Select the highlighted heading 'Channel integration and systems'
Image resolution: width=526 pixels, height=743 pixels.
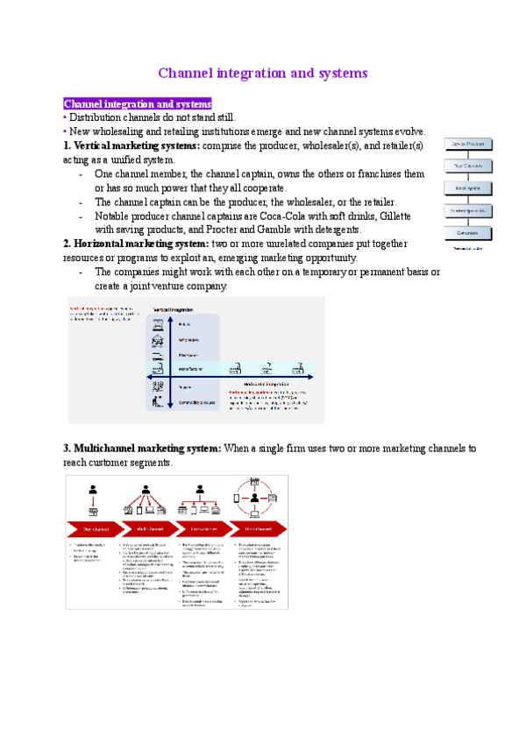tap(138, 104)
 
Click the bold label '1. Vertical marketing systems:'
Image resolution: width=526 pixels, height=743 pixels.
tap(131, 145)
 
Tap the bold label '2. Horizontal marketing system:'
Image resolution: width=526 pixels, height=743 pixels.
tap(136, 244)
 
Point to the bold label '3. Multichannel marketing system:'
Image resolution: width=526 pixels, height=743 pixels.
tap(143, 449)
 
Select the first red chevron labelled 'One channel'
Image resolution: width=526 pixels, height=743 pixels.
tap(95, 529)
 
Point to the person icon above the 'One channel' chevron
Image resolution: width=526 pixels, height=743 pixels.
tap(92, 490)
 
